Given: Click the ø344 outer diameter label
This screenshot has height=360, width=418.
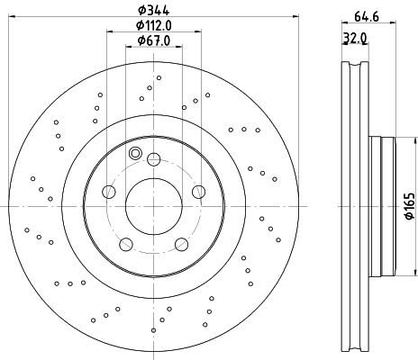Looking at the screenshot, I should click(x=153, y=10).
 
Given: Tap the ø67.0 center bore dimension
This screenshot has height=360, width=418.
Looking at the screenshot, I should click(x=153, y=40).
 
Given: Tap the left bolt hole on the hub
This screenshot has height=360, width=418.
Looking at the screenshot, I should click(x=110, y=191).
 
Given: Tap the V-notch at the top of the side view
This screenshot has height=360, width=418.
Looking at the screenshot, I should click(x=353, y=65).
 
